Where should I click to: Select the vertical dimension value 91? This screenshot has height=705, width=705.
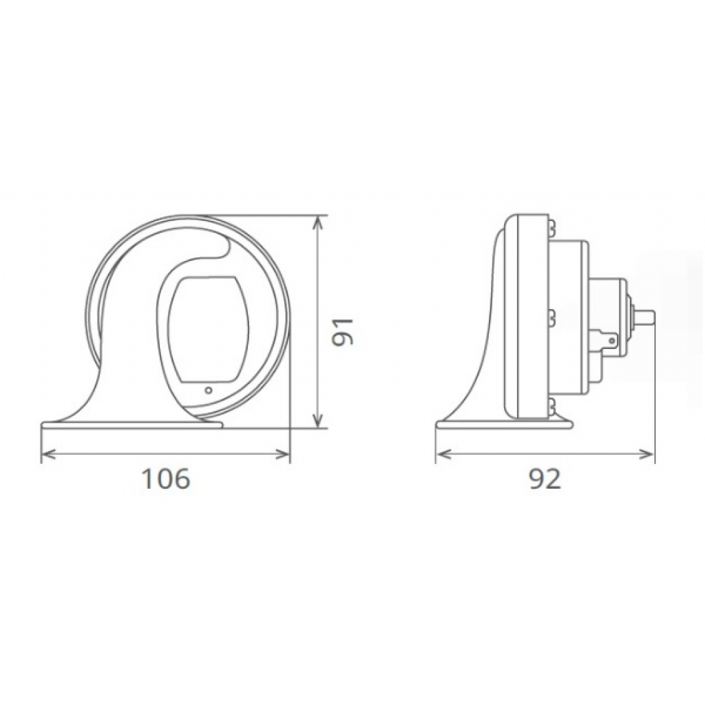[343, 332]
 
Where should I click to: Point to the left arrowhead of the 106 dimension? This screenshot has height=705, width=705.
[48, 454]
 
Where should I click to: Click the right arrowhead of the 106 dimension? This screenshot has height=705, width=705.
[283, 454]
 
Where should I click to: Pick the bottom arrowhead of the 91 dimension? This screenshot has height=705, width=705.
[318, 420]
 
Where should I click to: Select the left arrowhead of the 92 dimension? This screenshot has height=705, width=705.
[443, 454]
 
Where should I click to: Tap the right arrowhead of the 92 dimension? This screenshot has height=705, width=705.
[647, 454]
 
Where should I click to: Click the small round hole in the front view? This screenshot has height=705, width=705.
[208, 390]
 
